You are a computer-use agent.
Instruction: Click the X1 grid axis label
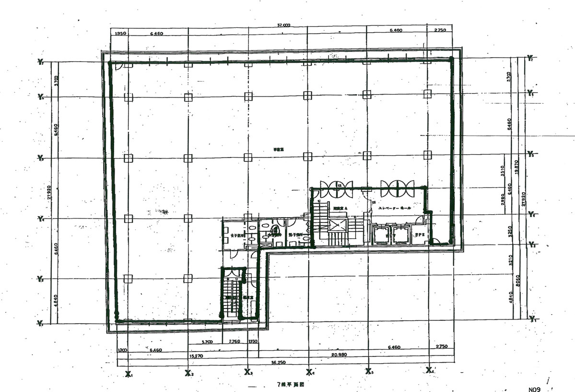pyautogui.click(x=129, y=373)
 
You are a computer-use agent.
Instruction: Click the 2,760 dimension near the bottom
pyautogui.click(x=234, y=342)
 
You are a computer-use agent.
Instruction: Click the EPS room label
pyautogui.click(x=420, y=234)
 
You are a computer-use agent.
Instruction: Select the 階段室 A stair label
pyautogui.click(x=340, y=208)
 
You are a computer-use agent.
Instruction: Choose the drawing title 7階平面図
pyautogui.click(x=290, y=384)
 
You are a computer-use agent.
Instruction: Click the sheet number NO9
pyautogui.click(x=535, y=390)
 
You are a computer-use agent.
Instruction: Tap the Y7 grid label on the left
pyautogui.click(x=41, y=62)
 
